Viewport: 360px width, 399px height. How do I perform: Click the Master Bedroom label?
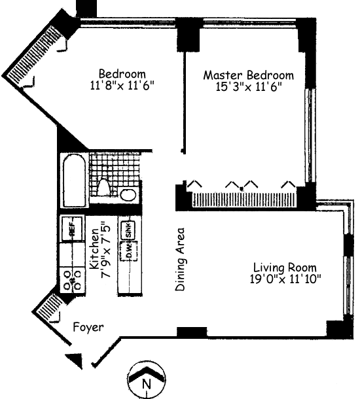tap(248, 75)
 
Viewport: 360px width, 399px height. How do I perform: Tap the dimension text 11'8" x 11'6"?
tap(122, 85)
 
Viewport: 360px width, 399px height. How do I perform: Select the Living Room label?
tap(285, 268)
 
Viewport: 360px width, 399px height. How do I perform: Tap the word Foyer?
tap(88, 326)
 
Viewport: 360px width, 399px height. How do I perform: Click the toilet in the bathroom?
tap(102, 187)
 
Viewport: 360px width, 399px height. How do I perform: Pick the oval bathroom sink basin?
tap(129, 194)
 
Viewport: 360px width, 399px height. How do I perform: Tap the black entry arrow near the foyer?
tap(76, 358)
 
